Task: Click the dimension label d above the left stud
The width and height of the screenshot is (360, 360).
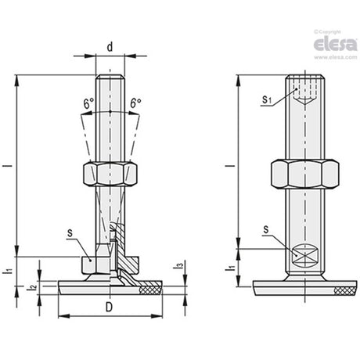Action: (x=110, y=47)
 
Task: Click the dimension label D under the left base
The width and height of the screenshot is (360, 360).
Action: (x=109, y=307)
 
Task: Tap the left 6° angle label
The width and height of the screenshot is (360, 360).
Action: (x=88, y=103)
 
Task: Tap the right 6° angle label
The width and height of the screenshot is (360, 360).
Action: (x=136, y=103)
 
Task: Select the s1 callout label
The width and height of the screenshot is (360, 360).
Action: (x=266, y=99)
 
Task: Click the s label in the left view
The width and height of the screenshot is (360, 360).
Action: (x=70, y=233)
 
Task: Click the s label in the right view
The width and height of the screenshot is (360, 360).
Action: (x=266, y=230)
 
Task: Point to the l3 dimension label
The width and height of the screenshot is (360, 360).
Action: (x=180, y=266)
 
